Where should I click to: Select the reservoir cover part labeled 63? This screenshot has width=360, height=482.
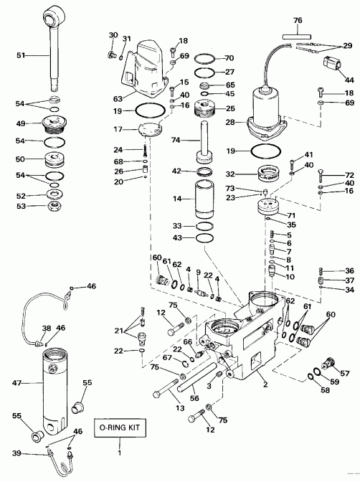[x=147, y=72]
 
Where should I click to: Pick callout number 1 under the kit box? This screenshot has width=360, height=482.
[x=120, y=454]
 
